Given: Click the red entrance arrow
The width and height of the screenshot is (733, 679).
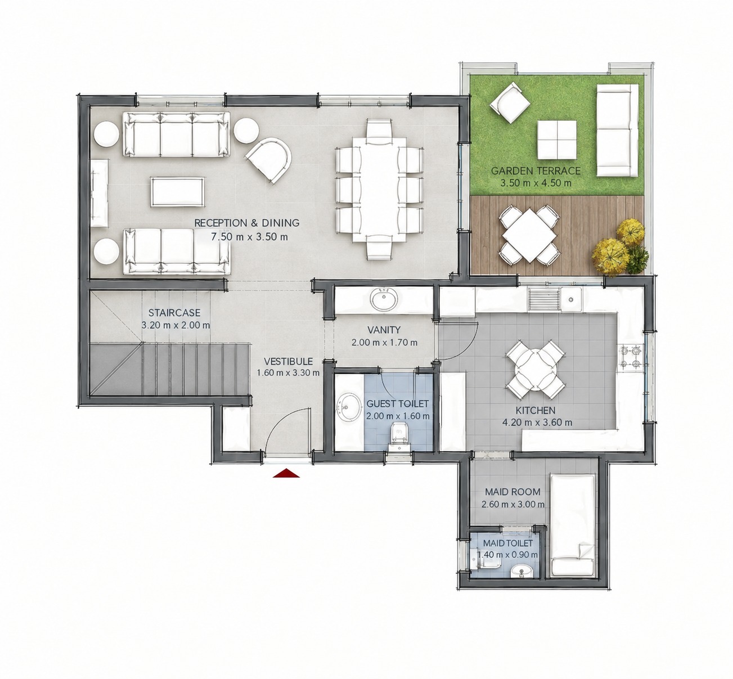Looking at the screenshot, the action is point(286,473).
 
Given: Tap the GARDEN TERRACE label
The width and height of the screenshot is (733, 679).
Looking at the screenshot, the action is point(536,171).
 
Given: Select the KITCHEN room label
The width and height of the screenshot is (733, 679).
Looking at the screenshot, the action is point(536,410).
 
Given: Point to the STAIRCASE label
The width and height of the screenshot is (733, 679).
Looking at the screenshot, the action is point(174,313).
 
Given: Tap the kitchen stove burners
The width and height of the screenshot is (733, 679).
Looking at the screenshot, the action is point(632,357).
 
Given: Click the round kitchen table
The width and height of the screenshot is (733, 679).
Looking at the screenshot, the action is point(536,370).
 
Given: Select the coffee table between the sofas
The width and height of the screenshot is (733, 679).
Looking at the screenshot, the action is point(178,192).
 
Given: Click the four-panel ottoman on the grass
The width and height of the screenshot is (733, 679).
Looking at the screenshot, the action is point(557,140).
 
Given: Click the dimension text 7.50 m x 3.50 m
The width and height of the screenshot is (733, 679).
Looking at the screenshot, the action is point(249,237).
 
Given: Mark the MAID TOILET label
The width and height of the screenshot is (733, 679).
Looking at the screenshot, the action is point(508,543).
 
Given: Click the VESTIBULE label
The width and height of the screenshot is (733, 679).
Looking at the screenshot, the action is point(288,361).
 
